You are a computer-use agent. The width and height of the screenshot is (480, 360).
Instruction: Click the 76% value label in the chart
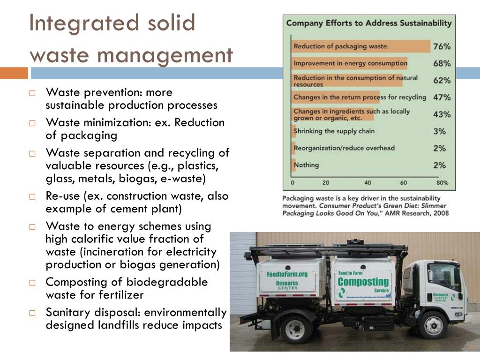(x=442, y=46)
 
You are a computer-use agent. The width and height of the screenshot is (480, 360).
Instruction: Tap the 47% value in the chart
(x=442, y=97)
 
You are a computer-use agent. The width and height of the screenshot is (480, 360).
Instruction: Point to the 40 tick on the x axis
(x=367, y=183)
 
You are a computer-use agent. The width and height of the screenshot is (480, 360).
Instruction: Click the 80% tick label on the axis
(x=442, y=183)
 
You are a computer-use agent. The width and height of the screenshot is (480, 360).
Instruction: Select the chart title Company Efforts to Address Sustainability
(x=369, y=22)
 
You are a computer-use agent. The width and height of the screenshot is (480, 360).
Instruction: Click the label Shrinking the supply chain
(x=334, y=131)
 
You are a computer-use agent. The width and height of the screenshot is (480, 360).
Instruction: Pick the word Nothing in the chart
(x=306, y=165)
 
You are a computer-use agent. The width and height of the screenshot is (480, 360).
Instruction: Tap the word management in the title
(x=165, y=55)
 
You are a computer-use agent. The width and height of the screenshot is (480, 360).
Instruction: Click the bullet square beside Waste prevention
(x=32, y=93)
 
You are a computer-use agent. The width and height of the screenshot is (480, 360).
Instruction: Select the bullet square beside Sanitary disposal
(x=32, y=313)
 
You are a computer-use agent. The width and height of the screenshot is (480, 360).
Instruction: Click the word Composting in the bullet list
(x=70, y=282)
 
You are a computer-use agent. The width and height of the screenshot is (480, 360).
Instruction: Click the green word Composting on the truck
(x=363, y=282)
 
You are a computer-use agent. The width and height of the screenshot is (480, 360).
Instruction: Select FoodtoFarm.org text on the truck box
(x=287, y=274)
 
